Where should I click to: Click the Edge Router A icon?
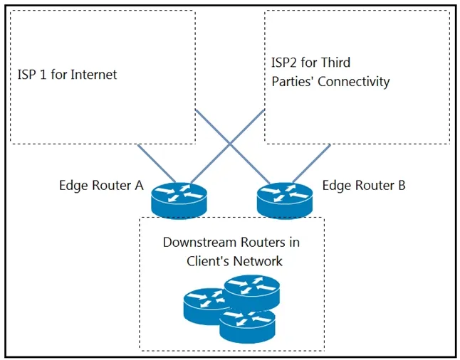[179, 200]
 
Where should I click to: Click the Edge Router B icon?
[285, 200]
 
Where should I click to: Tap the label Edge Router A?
[101, 185]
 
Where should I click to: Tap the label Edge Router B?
[364, 185]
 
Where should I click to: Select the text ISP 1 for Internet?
[67, 75]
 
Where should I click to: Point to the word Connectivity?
[353, 82]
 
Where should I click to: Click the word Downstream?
[199, 242]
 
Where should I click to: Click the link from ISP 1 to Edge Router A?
[157, 164]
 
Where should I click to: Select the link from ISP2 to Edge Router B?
[312, 164]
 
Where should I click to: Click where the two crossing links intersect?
[230, 144]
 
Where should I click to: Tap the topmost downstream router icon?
[252, 292]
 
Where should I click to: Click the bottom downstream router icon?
[247, 326]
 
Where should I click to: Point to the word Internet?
[94, 75]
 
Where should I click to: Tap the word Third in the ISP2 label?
[335, 63]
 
